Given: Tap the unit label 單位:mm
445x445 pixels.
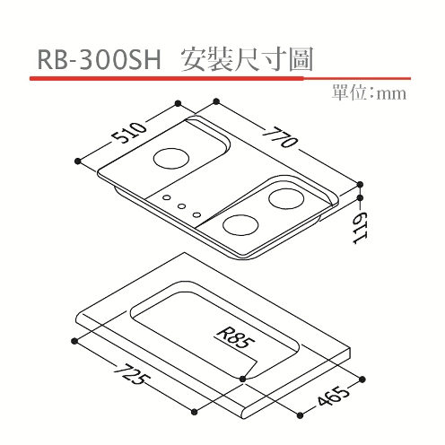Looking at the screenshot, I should pos(370,93).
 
